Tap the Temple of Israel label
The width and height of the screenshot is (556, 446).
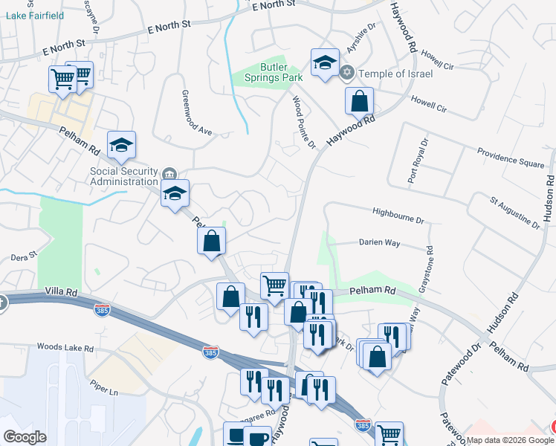point(395,74)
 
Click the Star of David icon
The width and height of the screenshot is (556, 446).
point(346,73)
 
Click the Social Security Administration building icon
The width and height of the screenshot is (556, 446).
point(169,175)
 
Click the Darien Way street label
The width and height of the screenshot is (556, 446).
point(379,242)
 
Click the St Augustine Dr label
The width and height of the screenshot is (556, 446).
point(514,211)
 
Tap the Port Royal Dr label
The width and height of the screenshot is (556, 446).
point(417,161)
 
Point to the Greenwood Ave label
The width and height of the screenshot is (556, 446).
point(197,113)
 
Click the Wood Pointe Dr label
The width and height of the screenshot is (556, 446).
point(304,123)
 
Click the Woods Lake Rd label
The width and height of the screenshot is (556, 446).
point(65,348)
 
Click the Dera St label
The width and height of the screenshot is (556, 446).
point(24,256)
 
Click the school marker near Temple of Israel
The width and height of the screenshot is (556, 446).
point(325,63)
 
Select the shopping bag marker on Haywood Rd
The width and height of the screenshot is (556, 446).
point(359,101)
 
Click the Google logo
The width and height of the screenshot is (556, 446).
point(25,437)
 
